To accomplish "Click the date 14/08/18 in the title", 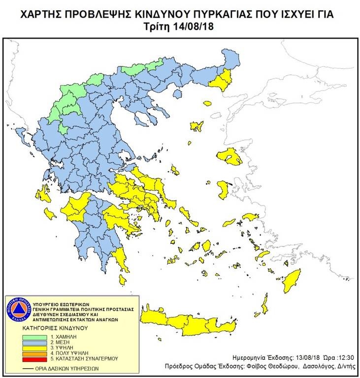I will (x=197, y=26).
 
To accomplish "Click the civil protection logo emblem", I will (x=17, y=309).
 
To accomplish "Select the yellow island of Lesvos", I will (x=231, y=157).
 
